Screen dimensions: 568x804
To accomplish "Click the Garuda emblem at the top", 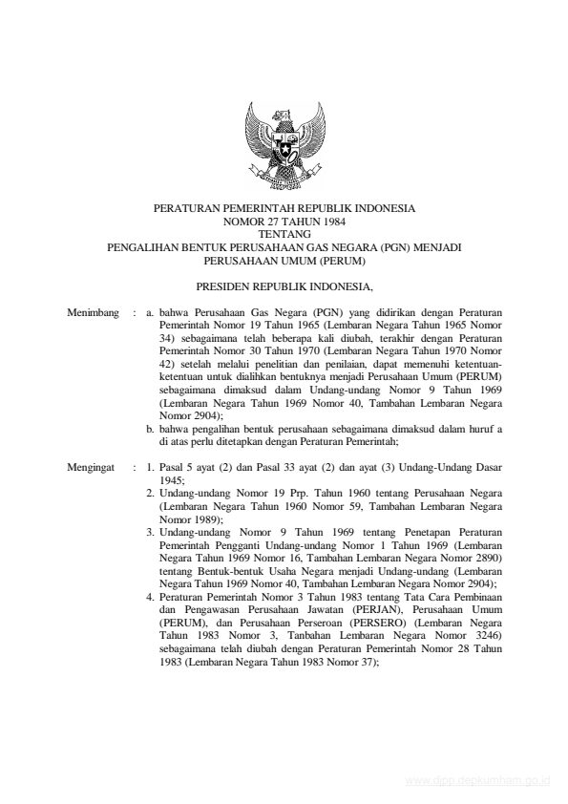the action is click(x=284, y=144).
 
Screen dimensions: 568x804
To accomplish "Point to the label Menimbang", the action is click(x=94, y=312).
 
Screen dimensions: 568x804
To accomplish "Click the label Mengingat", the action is click(x=92, y=470).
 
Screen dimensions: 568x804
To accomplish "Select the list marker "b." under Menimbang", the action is click(x=152, y=430).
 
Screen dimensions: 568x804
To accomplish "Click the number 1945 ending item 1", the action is click(x=172, y=482).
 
